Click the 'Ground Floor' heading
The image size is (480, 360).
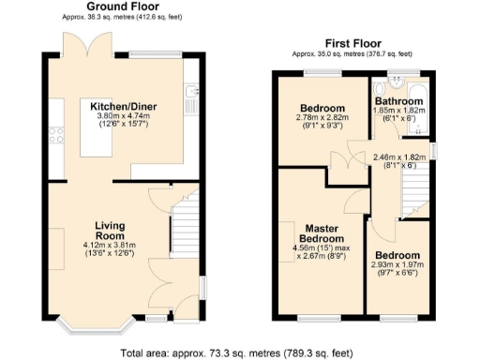121,7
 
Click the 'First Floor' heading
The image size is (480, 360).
352,43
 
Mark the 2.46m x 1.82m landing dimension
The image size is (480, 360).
400,157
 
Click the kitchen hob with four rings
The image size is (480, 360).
57,134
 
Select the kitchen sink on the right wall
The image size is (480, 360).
190,94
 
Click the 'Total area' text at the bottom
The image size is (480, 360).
236,352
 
